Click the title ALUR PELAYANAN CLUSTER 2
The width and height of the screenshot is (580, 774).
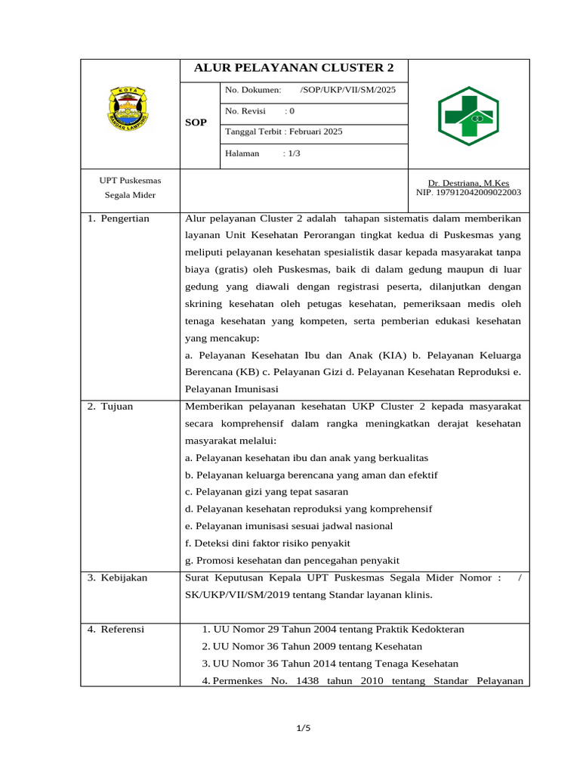pyautogui.click(x=294, y=68)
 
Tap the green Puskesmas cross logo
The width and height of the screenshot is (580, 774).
pyautogui.click(x=468, y=115)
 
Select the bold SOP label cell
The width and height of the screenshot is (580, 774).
pyautogui.click(x=196, y=122)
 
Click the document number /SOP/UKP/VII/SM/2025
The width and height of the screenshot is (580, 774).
pyautogui.click(x=347, y=91)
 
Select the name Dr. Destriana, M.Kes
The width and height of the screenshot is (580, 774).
pyautogui.click(x=468, y=183)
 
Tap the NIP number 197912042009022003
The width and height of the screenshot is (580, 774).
pyautogui.click(x=468, y=193)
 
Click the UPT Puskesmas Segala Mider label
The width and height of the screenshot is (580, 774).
pyautogui.click(x=130, y=188)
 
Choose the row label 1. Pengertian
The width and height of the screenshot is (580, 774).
pyautogui.click(x=119, y=219)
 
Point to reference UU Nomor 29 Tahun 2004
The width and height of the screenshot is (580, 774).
pyautogui.click(x=333, y=630)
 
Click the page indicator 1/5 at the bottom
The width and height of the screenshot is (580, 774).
pyautogui.click(x=303, y=729)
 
